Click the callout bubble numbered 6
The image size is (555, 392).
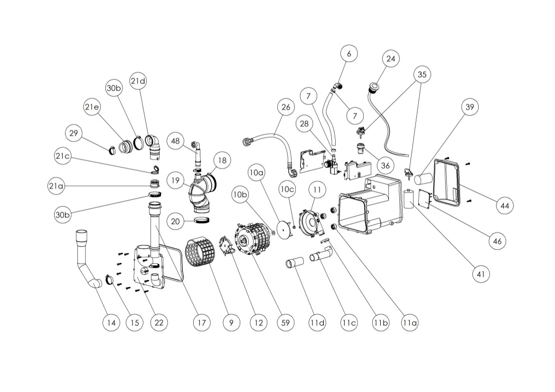[x=349, y=54]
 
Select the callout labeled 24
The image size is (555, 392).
[x=391, y=59]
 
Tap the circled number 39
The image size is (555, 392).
[x=470, y=107]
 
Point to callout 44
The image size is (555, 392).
[x=504, y=205]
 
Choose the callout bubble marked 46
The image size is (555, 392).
[x=497, y=241]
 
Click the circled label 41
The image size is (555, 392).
[x=481, y=274]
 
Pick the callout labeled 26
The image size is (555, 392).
[x=285, y=107]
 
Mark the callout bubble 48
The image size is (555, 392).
[x=176, y=141]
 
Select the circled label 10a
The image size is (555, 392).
[x=256, y=173]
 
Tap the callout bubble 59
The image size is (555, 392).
[x=285, y=323]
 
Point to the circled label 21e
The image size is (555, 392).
[x=92, y=107]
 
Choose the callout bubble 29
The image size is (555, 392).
[x=73, y=133]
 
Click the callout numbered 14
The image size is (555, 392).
[x=111, y=323]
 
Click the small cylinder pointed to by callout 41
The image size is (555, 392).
[x=409, y=199]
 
